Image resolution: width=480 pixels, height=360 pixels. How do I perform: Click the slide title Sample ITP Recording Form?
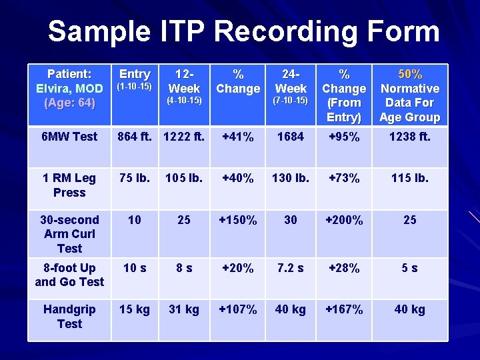pyautogui.click(x=243, y=31)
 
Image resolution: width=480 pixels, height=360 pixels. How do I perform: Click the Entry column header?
pyautogui.click(x=135, y=74)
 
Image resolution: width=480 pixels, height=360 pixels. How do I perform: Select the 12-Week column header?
pyautogui.click(x=184, y=81)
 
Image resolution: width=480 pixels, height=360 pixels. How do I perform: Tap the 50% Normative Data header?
pyautogui.click(x=409, y=95)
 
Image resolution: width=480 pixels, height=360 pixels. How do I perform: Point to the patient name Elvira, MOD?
pyautogui.click(x=69, y=89)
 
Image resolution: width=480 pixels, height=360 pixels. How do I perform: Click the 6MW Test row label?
pyautogui.click(x=69, y=137)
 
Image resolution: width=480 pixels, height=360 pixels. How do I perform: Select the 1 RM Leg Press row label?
pyautogui.click(x=69, y=185)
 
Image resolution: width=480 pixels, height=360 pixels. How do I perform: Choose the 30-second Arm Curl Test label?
pyautogui.click(x=69, y=234)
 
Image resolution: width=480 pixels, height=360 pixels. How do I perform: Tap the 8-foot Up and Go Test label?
pyautogui.click(x=69, y=275)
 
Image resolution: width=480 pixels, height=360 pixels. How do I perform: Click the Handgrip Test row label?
pyautogui.click(x=69, y=317)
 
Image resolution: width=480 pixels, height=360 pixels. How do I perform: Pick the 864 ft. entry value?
pyautogui.click(x=135, y=137)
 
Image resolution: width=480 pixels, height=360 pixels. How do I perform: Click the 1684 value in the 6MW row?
pyautogui.click(x=291, y=137)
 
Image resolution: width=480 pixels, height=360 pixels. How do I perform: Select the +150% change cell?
pyautogui.click(x=238, y=220)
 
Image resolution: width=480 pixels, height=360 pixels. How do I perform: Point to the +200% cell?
pyautogui.click(x=344, y=220)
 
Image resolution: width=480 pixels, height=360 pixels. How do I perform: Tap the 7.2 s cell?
pyautogui.click(x=291, y=268)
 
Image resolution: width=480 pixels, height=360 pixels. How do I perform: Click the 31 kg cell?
pyautogui.click(x=184, y=309)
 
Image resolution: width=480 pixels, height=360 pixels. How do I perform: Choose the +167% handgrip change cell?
pyautogui.click(x=344, y=309)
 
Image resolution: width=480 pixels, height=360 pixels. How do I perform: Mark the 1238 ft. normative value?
pyautogui.click(x=409, y=137)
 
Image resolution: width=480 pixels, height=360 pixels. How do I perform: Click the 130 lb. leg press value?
pyautogui.click(x=291, y=178)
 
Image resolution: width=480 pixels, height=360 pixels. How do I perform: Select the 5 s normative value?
pyautogui.click(x=409, y=268)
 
